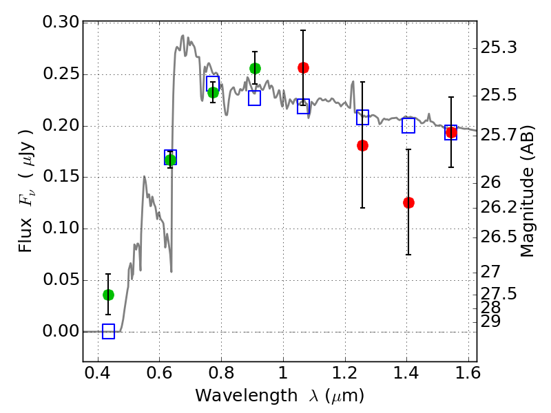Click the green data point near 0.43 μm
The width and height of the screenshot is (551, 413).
pos(108,295)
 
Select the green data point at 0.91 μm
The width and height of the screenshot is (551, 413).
pos(255,68)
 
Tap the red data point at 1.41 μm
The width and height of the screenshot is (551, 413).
pos(408,202)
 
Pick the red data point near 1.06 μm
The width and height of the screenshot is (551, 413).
pos(303,67)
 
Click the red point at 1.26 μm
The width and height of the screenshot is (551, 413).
pos(362,145)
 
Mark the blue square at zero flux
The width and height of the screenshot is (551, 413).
pos(108,332)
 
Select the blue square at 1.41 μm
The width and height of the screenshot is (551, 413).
pos(408,125)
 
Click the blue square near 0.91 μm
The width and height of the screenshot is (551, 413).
pos(255,98)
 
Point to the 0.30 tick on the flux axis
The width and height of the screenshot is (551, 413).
pos(61,23)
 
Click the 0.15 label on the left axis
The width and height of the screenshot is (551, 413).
pos(61,177)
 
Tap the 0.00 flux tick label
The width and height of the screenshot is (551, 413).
pos(61,332)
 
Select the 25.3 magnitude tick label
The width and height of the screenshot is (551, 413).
pos(501,48)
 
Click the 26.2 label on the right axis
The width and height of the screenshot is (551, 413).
pos(501,207)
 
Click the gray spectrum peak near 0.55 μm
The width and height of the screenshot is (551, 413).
pos(145,177)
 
